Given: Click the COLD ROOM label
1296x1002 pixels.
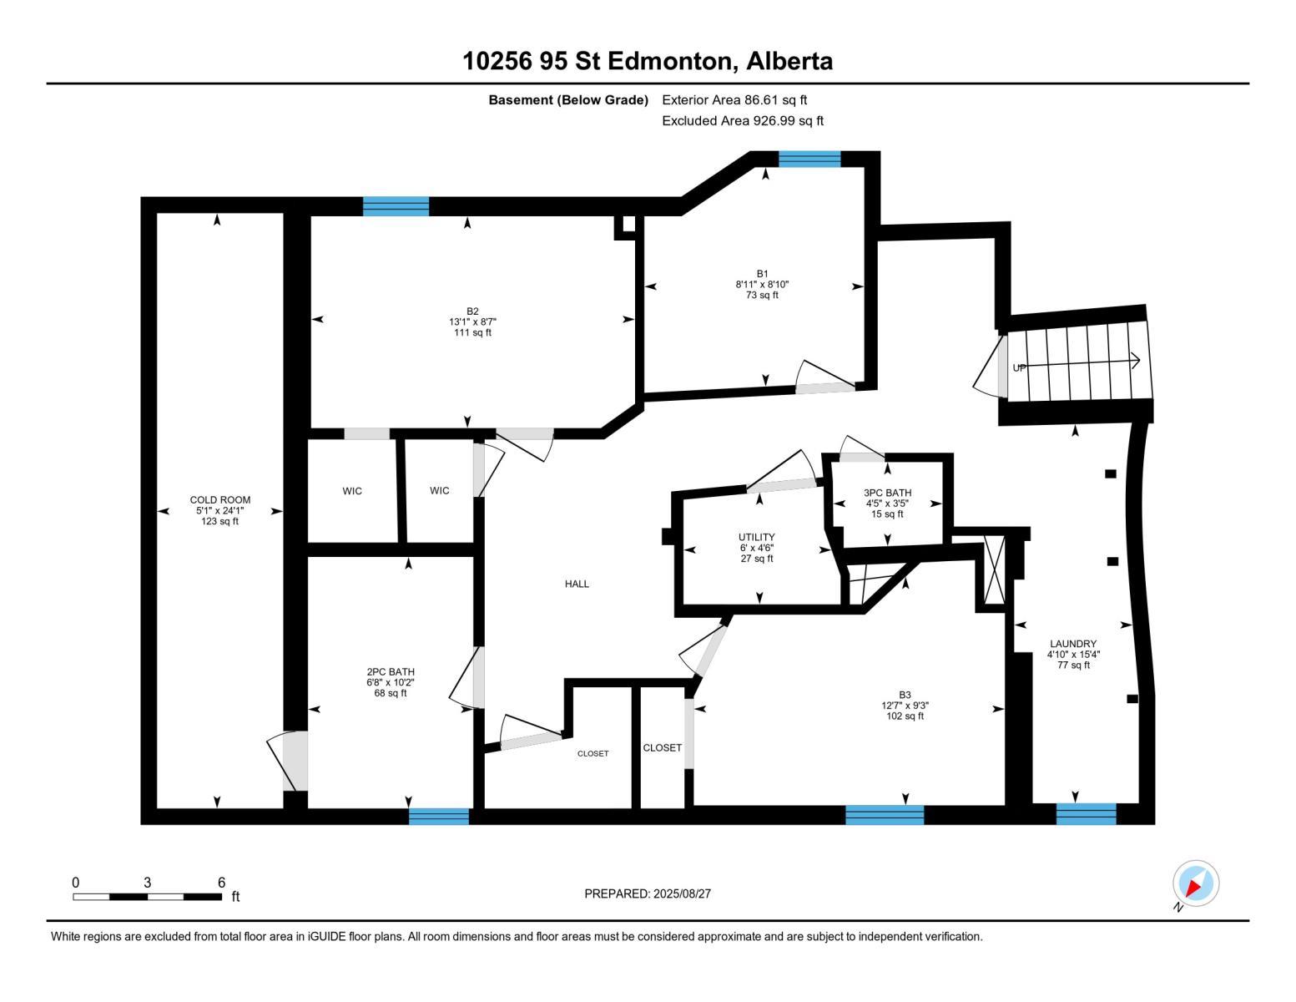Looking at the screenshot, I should [x=219, y=500].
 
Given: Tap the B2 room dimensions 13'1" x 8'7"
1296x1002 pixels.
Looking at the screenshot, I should [x=472, y=321].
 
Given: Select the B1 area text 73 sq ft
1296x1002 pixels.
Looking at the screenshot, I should [x=762, y=295].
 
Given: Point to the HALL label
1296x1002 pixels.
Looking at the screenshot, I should [x=577, y=584].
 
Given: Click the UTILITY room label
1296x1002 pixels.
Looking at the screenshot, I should [x=756, y=537].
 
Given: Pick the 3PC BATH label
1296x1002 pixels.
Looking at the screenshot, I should [x=887, y=493].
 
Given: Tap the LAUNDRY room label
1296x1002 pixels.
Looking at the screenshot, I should [x=1072, y=644].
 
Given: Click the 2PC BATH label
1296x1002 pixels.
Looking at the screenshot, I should [x=391, y=672].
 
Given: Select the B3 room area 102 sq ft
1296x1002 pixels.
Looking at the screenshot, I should [x=905, y=716].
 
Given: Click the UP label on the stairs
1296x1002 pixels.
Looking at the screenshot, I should [x=1019, y=368].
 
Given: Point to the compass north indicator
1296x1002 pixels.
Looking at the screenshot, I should [x=1195, y=883].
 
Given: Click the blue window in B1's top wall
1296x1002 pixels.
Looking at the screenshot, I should [x=809, y=159].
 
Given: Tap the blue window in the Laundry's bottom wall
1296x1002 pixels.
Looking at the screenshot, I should [x=1086, y=813].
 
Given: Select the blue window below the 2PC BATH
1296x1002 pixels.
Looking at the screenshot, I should [x=439, y=817].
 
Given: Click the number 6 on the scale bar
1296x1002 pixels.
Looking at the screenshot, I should [x=221, y=883].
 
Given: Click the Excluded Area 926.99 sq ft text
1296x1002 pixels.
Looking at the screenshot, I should [x=742, y=121].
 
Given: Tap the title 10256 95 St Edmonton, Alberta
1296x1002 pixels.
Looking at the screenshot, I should [x=648, y=61].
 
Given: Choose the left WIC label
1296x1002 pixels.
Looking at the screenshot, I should [x=352, y=491].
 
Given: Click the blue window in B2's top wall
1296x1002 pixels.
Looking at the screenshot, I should [x=396, y=206].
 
